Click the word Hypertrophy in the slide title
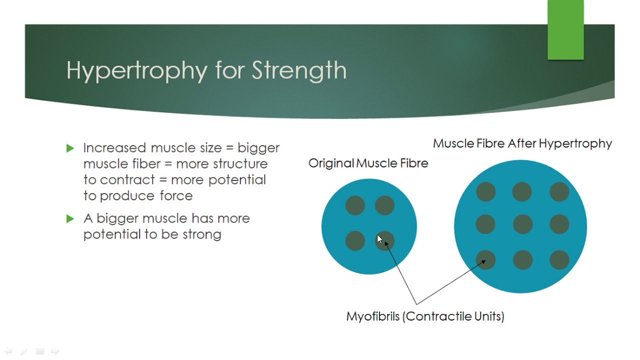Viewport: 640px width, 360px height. pyautogui.click(x=136, y=70)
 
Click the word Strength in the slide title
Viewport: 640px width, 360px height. pyautogui.click(x=299, y=70)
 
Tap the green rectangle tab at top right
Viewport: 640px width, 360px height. pyautogui.click(x=565, y=30)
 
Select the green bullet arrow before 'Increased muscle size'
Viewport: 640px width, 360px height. pyautogui.click(x=70, y=148)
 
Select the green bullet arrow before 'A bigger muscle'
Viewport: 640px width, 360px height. pyautogui.click(x=70, y=218)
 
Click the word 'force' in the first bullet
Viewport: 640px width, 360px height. pyautogui.click(x=176, y=195)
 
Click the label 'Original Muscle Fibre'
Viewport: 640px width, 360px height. pyautogui.click(x=368, y=163)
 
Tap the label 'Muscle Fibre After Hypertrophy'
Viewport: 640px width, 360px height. pyautogui.click(x=522, y=143)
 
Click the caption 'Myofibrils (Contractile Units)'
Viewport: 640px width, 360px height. pyautogui.click(x=425, y=316)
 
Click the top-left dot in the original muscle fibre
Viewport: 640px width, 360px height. pyautogui.click(x=355, y=205)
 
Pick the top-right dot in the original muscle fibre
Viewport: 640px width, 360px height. pyautogui.click(x=384, y=205)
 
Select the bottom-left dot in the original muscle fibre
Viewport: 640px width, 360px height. pyautogui.click(x=355, y=241)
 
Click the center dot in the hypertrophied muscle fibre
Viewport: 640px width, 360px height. pyautogui.click(x=522, y=224)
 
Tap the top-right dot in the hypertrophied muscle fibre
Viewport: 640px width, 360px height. pyautogui.click(x=559, y=192)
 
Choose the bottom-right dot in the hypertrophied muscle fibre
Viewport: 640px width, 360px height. pyautogui.click(x=559, y=260)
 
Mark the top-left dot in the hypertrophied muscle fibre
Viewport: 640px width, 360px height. pyautogui.click(x=485, y=192)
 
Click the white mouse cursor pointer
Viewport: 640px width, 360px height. pyautogui.click(x=379, y=239)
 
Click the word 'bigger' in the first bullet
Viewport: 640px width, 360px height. pyautogui.click(x=258, y=148)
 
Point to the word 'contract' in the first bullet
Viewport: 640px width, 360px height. pyautogui.click(x=127, y=179)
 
